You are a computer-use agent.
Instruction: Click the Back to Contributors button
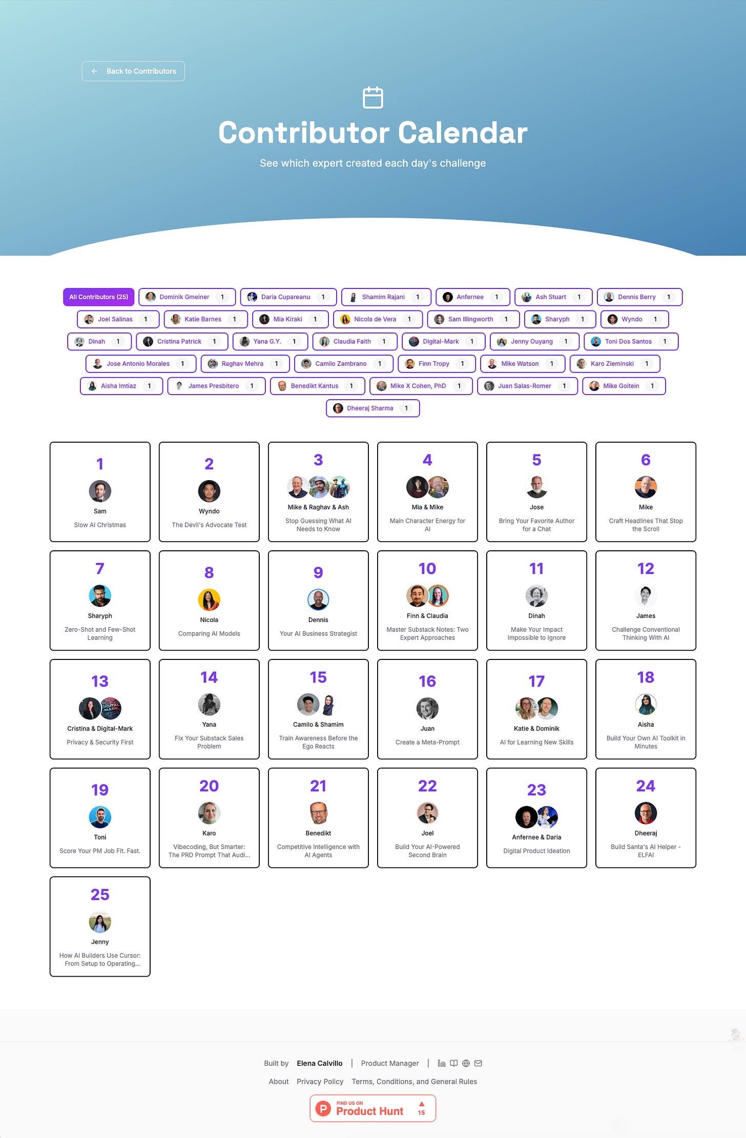tap(133, 71)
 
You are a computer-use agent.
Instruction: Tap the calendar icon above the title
tap(372, 97)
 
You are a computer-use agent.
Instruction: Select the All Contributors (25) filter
tap(98, 297)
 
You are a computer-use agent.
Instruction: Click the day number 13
tap(100, 681)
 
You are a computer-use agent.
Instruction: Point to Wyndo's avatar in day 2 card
tap(209, 491)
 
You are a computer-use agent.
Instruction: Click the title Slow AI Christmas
tap(100, 525)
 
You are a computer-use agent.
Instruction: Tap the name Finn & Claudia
tap(427, 616)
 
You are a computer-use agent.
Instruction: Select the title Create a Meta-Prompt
tap(427, 742)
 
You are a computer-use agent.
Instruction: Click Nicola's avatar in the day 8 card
tap(209, 599)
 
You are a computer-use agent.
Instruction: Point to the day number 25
tap(100, 894)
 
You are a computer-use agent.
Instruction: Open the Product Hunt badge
tap(372, 1108)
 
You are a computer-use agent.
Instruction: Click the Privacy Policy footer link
tap(320, 1081)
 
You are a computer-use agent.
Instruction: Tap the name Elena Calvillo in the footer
tap(319, 1063)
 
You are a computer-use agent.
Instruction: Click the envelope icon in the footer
tap(478, 1063)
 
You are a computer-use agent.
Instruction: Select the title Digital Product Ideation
tap(536, 851)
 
